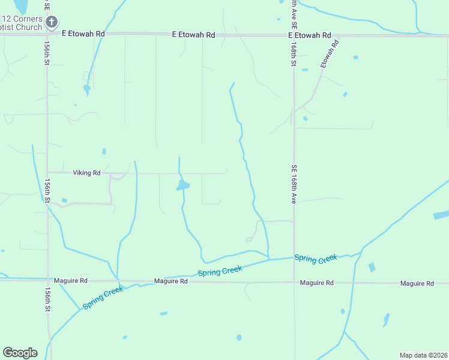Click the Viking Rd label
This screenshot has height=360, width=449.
(87, 173)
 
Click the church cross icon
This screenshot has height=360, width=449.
(52, 23)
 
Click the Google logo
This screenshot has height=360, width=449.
(20, 353)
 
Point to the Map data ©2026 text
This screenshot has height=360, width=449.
(423, 355)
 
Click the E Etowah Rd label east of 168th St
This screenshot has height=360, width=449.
(310, 35)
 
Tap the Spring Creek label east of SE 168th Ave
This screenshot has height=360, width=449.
(316, 259)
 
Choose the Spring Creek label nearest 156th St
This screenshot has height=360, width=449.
(103, 297)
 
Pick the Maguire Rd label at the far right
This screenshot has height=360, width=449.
(417, 283)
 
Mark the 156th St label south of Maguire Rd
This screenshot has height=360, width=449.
(47, 299)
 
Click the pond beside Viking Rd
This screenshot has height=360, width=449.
(182, 185)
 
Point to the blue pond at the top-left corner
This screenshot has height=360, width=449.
(21, 5)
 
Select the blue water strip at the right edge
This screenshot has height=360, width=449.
(441, 215)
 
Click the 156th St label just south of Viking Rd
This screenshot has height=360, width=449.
(47, 190)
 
